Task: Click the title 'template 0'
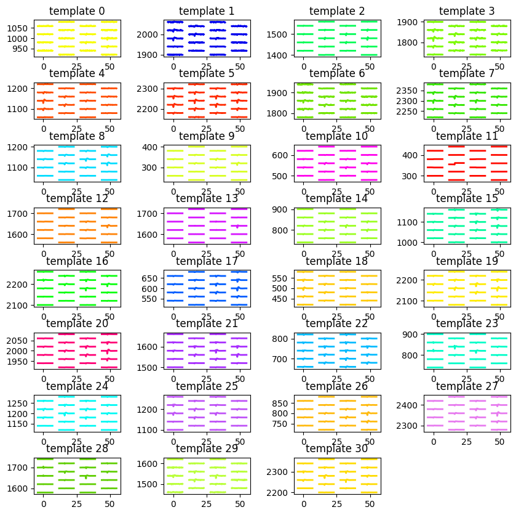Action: [77, 11]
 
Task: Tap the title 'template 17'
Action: [207, 261]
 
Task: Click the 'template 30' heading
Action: [337, 448]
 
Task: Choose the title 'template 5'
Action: [207, 74]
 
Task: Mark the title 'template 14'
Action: [337, 198]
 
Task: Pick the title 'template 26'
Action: [337, 386]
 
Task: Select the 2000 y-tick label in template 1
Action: [152, 34]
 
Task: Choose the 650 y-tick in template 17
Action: [154, 277]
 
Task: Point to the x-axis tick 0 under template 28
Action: [44, 504]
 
